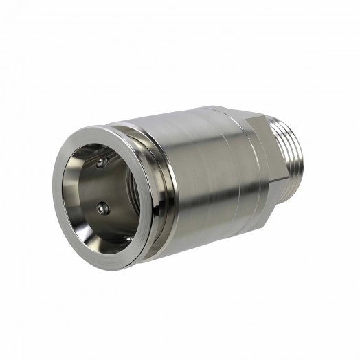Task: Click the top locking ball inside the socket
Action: pos(102,163)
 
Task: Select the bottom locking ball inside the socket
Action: pos(127,238)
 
